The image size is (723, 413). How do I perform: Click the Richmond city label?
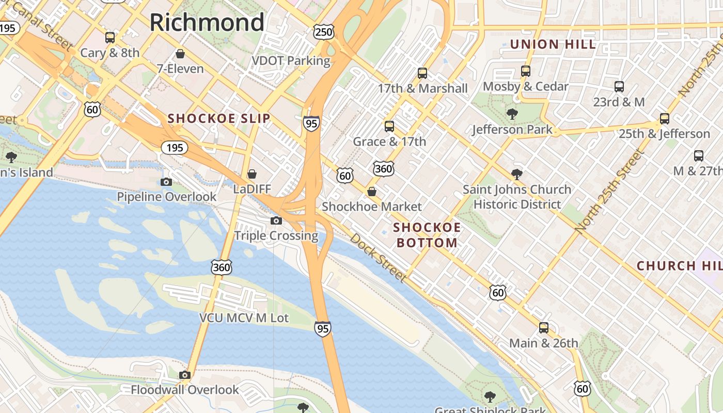pos(207,22)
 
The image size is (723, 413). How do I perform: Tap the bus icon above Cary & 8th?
pos(110,37)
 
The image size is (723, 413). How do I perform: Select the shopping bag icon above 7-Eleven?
pos(180,53)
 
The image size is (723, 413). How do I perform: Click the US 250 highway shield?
pos(324,33)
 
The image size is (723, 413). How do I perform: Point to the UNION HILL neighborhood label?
pos(553,44)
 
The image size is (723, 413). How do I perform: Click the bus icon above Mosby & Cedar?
pos(526,71)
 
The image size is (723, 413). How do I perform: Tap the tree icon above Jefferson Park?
pos(512,114)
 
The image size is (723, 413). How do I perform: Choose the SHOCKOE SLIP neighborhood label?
pos(219,118)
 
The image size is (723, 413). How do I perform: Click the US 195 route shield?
pos(175,148)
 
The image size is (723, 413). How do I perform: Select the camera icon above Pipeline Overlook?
pos(166,182)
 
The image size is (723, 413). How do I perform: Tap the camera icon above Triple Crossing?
pos(276,220)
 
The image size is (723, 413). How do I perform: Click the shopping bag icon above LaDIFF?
pos(252,174)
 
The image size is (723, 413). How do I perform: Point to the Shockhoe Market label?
pos(372,206)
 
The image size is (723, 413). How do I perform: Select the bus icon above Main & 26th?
pos(544,327)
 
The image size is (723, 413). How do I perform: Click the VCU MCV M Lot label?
pos(244,317)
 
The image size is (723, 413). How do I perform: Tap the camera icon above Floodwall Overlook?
pos(184,375)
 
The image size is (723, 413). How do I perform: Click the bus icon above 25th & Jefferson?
pos(665,118)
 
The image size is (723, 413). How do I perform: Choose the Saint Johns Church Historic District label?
pos(517,197)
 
